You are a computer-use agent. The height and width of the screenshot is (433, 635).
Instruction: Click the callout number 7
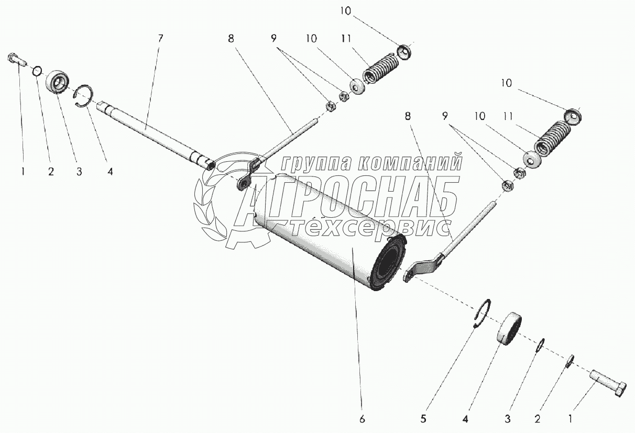(x=160, y=38)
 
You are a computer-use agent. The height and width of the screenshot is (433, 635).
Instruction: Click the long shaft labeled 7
(x=156, y=136)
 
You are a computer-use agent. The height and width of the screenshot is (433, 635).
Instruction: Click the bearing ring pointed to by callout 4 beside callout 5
(x=509, y=328)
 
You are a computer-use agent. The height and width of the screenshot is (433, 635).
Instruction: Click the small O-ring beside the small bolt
(x=37, y=71)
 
